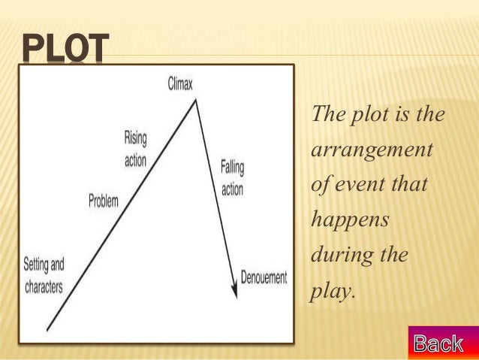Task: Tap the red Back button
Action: (438, 343)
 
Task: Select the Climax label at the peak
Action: (179, 84)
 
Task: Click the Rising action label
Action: (136, 148)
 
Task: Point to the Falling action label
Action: (232, 178)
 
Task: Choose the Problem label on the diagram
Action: (104, 201)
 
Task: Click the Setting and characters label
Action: (44, 275)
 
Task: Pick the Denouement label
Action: (264, 277)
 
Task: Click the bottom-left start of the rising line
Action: (48, 328)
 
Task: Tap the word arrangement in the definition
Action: (372, 149)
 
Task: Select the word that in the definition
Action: (411, 184)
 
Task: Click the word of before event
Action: (321, 184)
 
